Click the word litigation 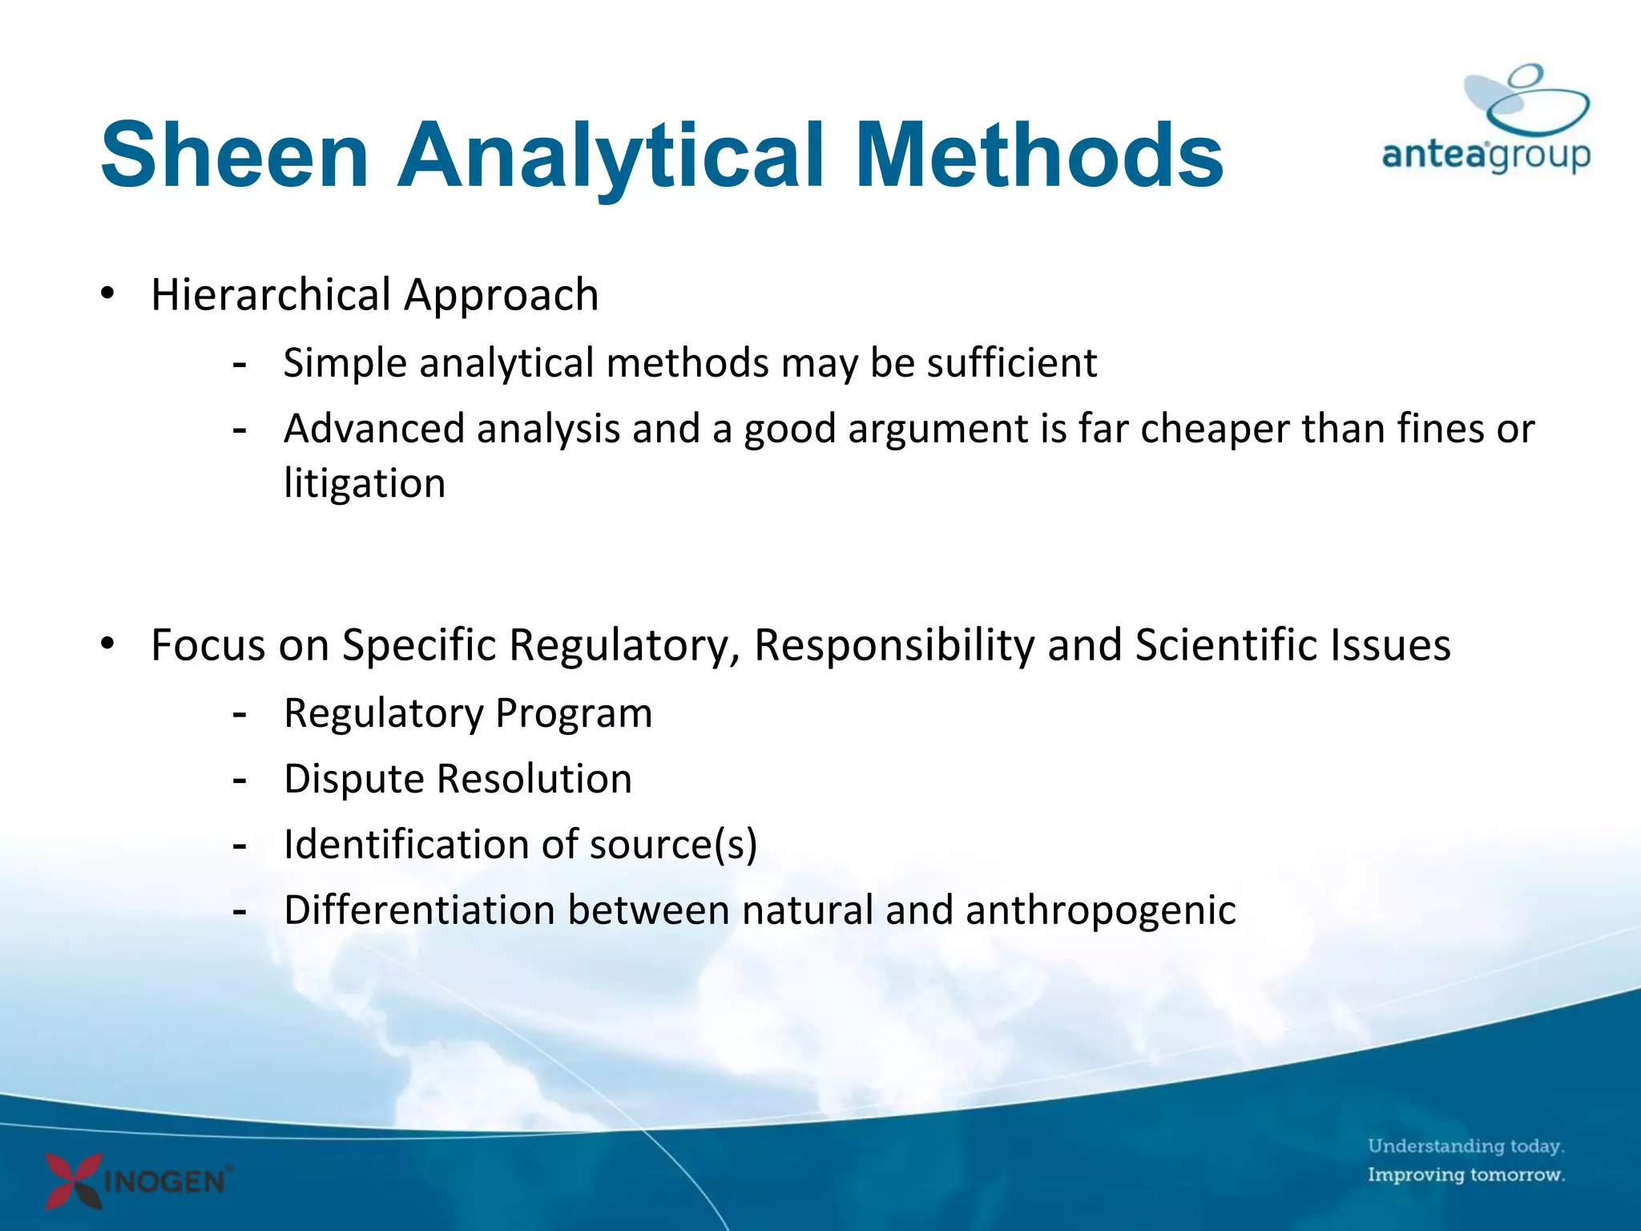(x=365, y=484)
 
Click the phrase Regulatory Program (x=468, y=713)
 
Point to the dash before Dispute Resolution (x=239, y=780)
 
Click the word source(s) (x=673, y=845)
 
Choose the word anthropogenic (x=1100, y=911)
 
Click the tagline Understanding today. (x=1466, y=1146)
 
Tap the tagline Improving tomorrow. (x=1466, y=1175)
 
